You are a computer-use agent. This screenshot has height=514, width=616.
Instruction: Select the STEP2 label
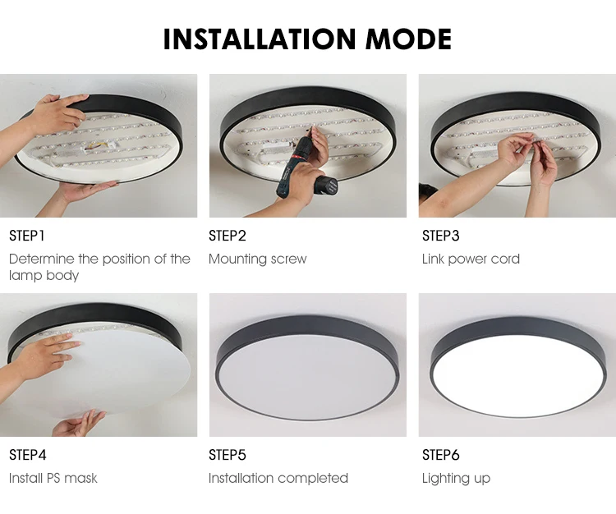coord(228,236)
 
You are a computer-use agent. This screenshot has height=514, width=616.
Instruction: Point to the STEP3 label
coord(441,236)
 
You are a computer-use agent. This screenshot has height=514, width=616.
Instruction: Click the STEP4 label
coord(28,455)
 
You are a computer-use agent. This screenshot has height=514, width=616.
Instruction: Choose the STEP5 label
coord(228,455)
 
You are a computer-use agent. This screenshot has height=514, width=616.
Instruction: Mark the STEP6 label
coord(441,455)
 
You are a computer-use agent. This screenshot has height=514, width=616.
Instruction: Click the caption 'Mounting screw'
coord(257,259)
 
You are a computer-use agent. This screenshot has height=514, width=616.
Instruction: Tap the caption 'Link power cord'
coord(471,259)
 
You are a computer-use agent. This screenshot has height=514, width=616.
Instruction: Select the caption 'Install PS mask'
coord(53,478)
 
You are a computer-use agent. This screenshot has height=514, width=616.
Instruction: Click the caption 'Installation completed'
coord(278,478)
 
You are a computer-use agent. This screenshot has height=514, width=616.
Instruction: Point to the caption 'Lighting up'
coord(456,478)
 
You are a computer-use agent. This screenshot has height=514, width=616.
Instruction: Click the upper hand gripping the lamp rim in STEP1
coord(53,113)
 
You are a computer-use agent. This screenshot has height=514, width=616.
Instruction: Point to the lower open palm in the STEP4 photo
coord(79,424)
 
